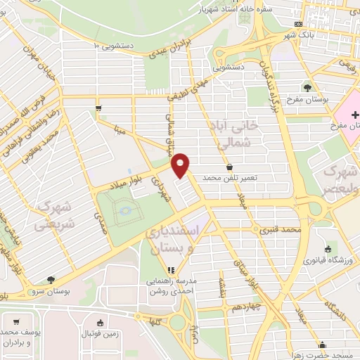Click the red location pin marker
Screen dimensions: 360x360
click(x=181, y=166)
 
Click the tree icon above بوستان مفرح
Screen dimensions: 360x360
click(x=308, y=87)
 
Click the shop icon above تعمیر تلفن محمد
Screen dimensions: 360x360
click(x=229, y=167)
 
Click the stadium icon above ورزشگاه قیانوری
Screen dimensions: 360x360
click(x=328, y=248)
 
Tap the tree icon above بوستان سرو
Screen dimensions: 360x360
click(x=49, y=278)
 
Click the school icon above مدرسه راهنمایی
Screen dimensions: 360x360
click(x=170, y=269)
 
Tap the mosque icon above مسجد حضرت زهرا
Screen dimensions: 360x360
click(x=323, y=345)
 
